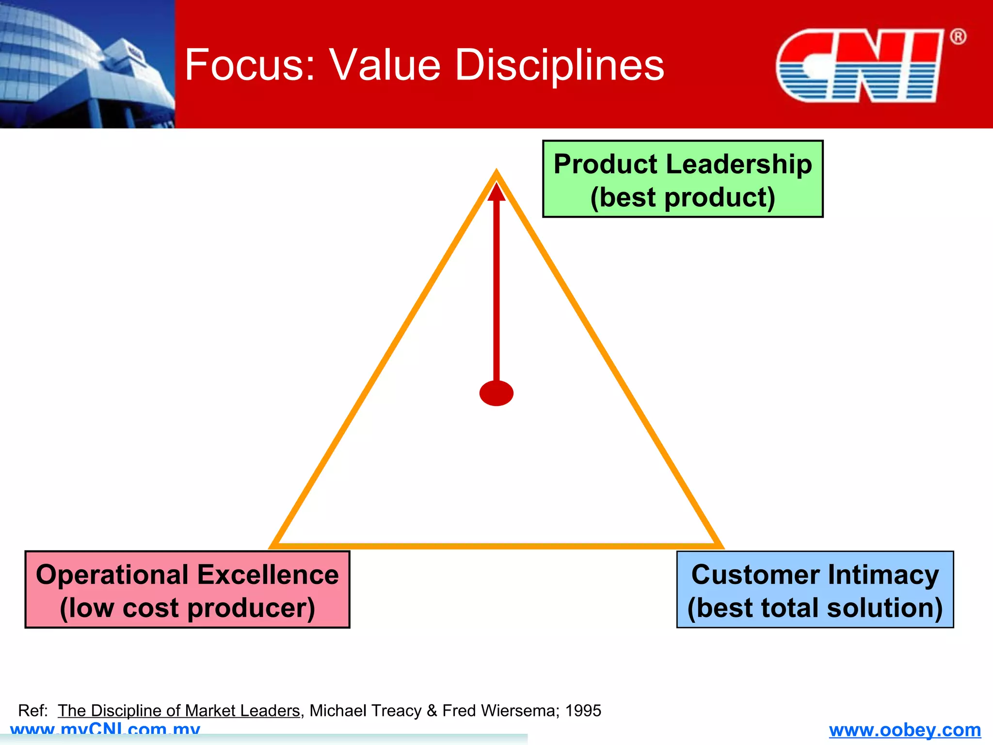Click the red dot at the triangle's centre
tap(496, 393)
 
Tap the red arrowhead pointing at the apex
tap(496, 192)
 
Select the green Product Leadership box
tap(683, 179)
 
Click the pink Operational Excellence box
tap(187, 589)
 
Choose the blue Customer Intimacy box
tap(815, 589)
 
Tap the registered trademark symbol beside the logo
tap(958, 37)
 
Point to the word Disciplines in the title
tap(560, 65)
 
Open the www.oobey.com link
tap(905, 729)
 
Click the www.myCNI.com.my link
tap(105, 729)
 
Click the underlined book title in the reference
tap(179, 711)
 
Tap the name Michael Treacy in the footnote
tap(365, 711)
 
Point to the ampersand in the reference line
tap(432, 711)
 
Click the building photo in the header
tap(87, 64)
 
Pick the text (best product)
tap(683, 197)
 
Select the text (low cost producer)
tap(187, 608)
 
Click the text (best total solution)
tap(815, 608)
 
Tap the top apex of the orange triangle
tap(496, 173)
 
